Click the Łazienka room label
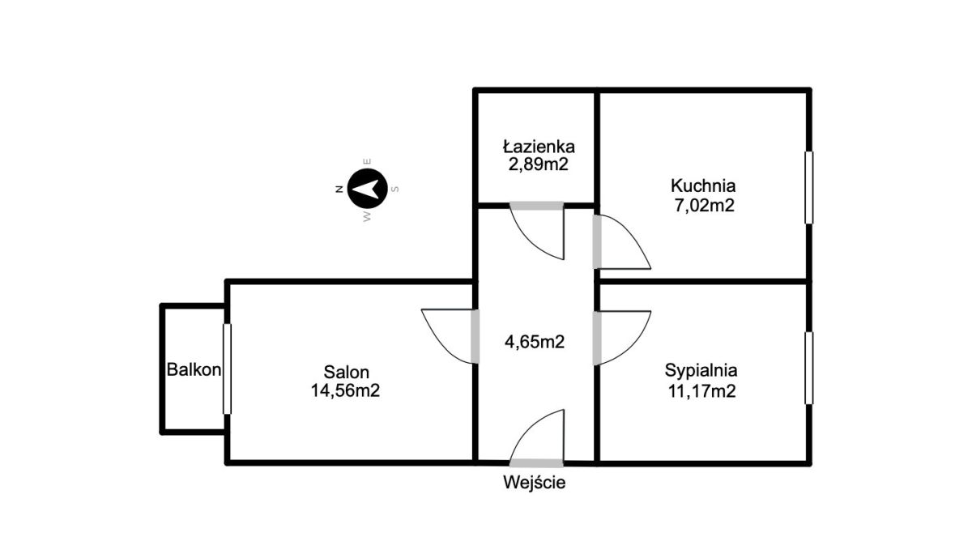[539, 147]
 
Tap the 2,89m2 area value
[538, 165]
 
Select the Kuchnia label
[703, 185]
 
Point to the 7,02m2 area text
[704, 205]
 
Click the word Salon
[347, 373]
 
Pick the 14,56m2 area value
[345, 390]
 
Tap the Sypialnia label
[701, 370]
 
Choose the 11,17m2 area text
[701, 391]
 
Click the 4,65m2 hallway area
[535, 342]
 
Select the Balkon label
[194, 369]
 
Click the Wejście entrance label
[534, 483]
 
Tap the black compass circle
[367, 189]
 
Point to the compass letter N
[339, 190]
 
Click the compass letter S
[395, 190]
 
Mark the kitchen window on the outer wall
[809, 187]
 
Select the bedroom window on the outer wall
[809, 368]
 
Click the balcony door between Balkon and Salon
[227, 369]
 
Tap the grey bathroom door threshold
[536, 206]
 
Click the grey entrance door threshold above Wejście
[536, 463]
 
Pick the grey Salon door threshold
[475, 336]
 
